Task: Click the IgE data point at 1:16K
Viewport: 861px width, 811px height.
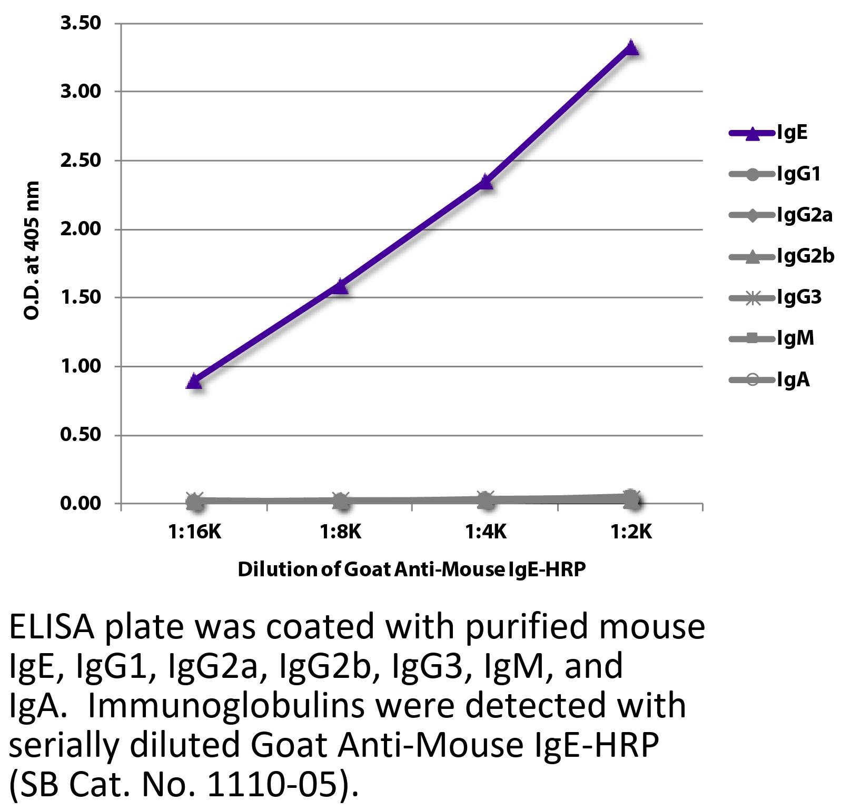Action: pyautogui.click(x=194, y=381)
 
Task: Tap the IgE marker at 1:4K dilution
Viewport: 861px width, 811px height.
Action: pyautogui.click(x=486, y=182)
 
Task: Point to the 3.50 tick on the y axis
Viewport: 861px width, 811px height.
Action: pyautogui.click(x=81, y=24)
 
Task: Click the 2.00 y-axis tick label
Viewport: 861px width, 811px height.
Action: pyautogui.click(x=81, y=229)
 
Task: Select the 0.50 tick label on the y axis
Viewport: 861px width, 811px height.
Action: pyautogui.click(x=81, y=435)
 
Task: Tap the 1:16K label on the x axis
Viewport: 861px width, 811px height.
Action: pyautogui.click(x=195, y=532)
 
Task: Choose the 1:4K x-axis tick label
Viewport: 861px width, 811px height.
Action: pyautogui.click(x=486, y=532)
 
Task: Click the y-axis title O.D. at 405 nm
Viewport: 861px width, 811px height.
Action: pyautogui.click(x=32, y=251)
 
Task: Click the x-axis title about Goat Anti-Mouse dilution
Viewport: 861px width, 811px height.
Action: pyautogui.click(x=411, y=569)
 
